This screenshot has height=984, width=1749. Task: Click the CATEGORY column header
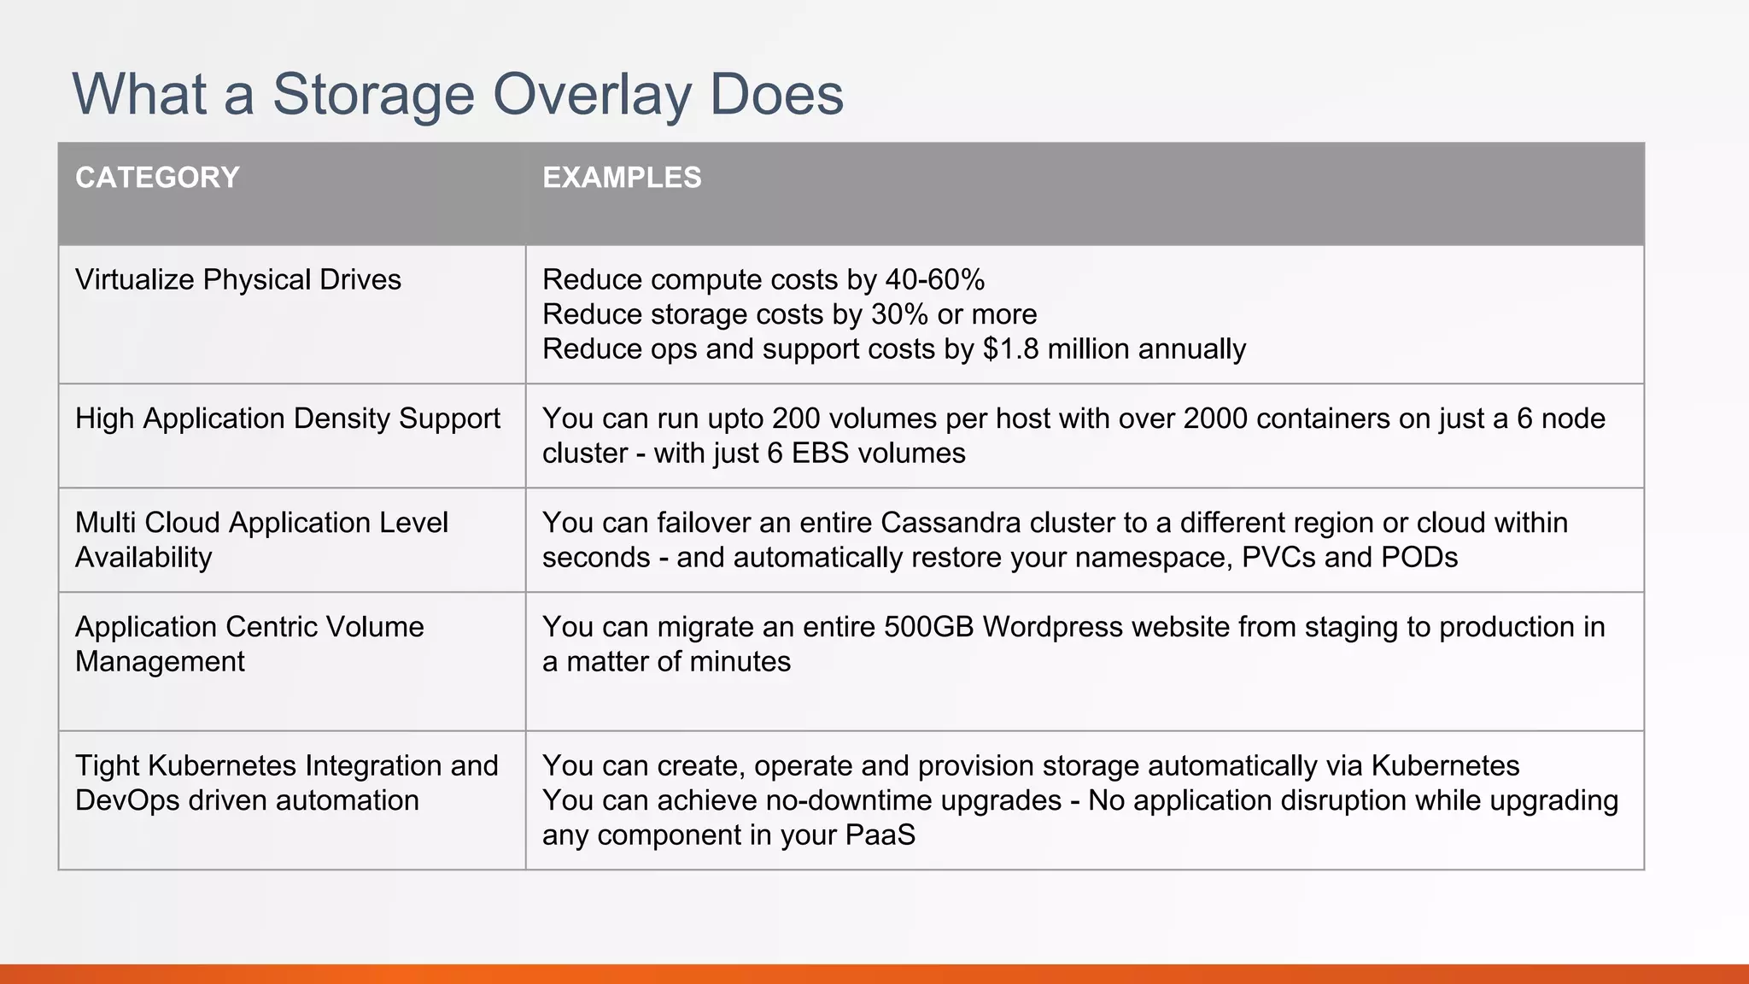tap(157, 178)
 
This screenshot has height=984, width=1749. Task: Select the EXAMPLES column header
tap(622, 178)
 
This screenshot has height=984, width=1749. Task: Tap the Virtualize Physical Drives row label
tap(237, 279)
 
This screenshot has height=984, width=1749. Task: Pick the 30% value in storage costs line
tap(899, 314)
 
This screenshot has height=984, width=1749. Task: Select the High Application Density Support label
tap(287, 419)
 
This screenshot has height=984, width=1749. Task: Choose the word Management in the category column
tap(160, 661)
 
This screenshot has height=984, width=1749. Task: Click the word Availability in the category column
tap(143, 557)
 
